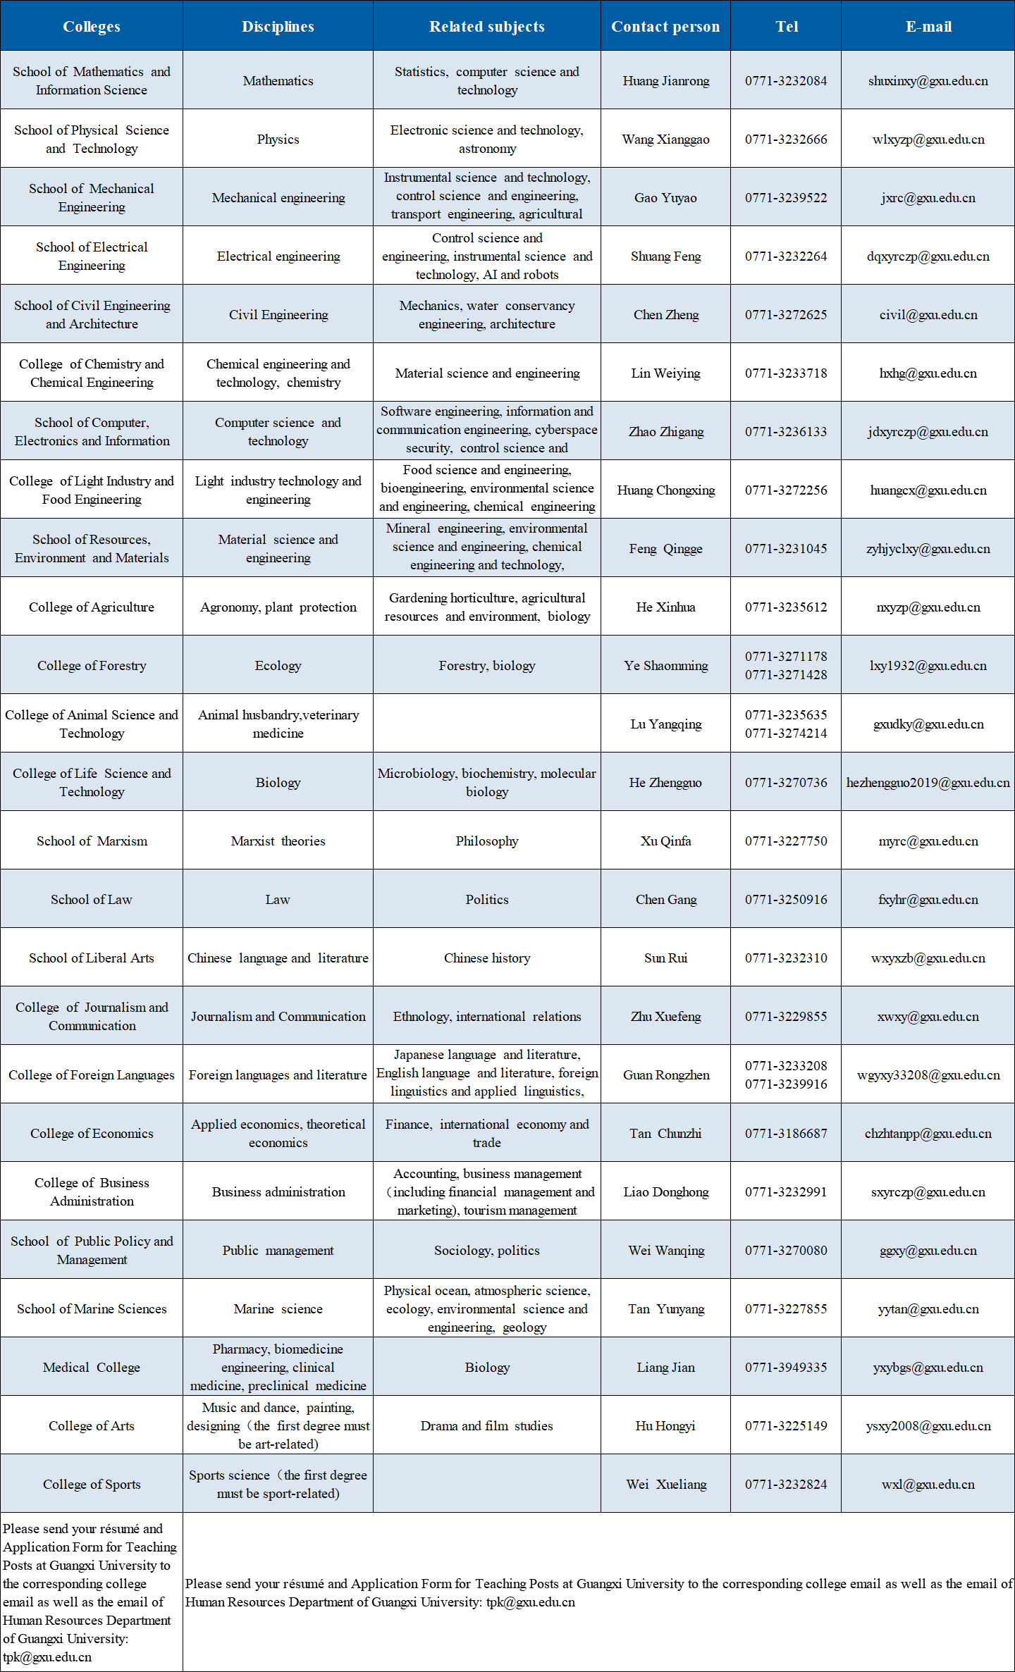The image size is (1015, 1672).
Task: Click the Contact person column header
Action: coord(665,27)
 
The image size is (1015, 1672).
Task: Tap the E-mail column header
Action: coord(928,27)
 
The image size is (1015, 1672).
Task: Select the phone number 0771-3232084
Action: coord(786,81)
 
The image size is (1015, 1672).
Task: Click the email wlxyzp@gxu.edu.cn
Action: coord(928,140)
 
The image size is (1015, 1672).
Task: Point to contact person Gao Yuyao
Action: coord(665,198)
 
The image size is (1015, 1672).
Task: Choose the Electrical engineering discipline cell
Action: coord(278,256)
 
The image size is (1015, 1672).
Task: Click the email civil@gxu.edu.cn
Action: coord(928,315)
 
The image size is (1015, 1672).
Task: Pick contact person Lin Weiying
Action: coord(665,373)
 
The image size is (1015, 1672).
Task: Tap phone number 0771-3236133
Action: coord(786,432)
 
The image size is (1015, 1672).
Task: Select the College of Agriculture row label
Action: coord(92,607)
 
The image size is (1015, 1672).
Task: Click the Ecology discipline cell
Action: coord(278,666)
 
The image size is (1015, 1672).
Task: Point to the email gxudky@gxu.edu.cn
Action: coord(928,724)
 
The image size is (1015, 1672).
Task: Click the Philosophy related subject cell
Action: coord(487,841)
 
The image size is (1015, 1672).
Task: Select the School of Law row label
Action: coord(92,900)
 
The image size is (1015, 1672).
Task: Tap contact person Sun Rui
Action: coord(665,958)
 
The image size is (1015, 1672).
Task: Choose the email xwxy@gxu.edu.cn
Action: coord(928,1017)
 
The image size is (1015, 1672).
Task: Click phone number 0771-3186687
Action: coord(786,1134)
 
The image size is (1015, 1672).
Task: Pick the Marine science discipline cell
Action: coord(278,1309)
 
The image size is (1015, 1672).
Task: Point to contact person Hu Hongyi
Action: coord(665,1426)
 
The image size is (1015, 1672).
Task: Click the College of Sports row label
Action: coord(92,1485)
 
